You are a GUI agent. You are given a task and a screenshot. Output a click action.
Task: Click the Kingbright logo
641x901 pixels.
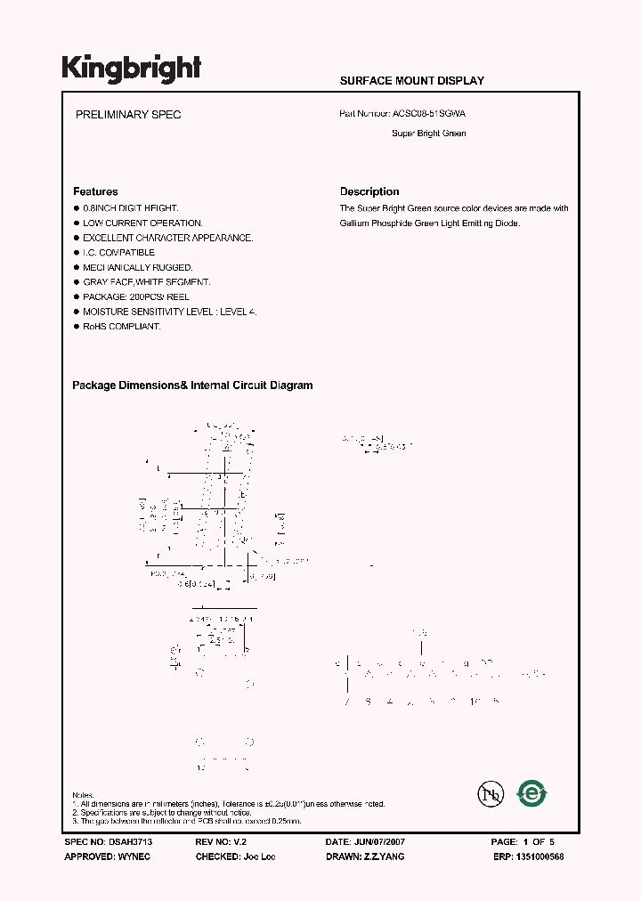pos(131,69)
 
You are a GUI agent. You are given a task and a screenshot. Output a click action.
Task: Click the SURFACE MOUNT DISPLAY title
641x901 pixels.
pos(411,81)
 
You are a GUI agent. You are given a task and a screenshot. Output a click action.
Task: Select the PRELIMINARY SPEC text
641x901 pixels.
pos(128,116)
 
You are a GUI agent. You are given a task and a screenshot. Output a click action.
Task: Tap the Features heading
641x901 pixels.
pos(95,191)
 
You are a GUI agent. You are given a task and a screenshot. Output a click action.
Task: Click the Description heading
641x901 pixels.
pos(369,191)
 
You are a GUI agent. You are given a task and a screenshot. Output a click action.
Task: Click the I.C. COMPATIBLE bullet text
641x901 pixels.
pos(118,253)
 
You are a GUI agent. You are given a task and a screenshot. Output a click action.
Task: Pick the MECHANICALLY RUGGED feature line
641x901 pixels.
pos(137,267)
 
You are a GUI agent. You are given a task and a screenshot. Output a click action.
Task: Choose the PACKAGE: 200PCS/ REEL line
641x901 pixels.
pos(135,296)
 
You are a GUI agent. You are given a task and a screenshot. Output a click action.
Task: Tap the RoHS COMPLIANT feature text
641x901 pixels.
pos(121,327)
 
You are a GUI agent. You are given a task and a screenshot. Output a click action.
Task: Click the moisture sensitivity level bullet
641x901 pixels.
pos(169,312)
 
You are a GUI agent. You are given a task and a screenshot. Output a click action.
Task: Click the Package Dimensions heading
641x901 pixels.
pos(192,386)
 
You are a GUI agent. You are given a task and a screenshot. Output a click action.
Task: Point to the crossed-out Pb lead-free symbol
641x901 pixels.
pos(487,793)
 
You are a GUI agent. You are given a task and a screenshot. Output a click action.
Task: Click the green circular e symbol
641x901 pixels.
pos(532,792)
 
